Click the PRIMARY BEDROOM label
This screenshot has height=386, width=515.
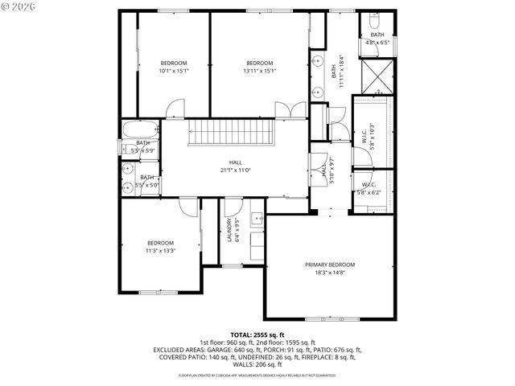pyautogui.click(x=330, y=265)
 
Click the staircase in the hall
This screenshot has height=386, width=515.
pyautogui.click(x=233, y=132)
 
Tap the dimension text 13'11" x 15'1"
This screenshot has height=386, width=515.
pyautogui.click(x=260, y=71)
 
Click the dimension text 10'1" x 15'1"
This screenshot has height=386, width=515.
pyautogui.click(x=173, y=71)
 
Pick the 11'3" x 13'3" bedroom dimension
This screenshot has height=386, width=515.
pyautogui.click(x=160, y=251)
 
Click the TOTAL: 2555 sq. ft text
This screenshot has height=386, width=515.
pyautogui.click(x=257, y=334)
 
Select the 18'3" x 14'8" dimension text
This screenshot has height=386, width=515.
pyautogui.click(x=330, y=273)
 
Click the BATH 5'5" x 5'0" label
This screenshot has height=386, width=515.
pyautogui.click(x=147, y=181)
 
